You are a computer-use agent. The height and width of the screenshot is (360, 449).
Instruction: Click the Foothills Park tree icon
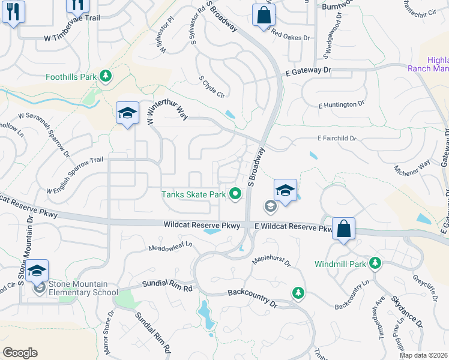tap(106, 76)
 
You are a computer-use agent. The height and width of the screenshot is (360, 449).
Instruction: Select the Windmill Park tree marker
tap(375, 263)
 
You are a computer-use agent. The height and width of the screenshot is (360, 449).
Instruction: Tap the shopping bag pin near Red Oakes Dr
tap(264, 15)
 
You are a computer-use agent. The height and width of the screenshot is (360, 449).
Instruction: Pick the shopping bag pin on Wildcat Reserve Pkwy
tap(343, 229)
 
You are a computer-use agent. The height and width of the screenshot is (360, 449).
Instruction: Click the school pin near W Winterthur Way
tap(127, 113)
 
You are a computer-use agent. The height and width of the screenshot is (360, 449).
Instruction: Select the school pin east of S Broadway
tap(286, 191)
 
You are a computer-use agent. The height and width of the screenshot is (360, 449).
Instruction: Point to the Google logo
tap(20, 353)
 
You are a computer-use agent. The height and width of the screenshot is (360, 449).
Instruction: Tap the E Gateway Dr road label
tap(308, 71)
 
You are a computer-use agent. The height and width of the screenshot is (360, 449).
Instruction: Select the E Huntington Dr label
tap(341, 104)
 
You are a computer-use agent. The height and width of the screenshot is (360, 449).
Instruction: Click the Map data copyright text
tap(423, 355)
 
